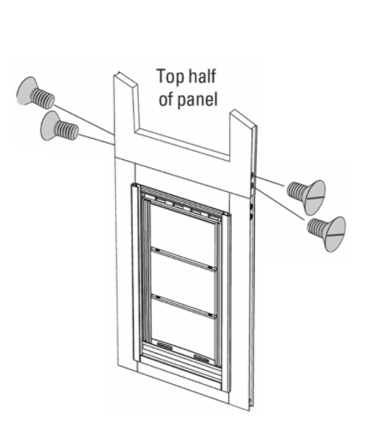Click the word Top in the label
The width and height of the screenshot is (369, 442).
(168, 77)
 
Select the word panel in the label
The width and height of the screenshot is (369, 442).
(197, 99)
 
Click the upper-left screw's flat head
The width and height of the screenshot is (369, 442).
(27, 91)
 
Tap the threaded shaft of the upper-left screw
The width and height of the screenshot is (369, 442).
(43, 98)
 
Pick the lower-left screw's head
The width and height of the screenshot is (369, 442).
(50, 126)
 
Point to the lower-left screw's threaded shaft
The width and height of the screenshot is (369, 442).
(66, 131)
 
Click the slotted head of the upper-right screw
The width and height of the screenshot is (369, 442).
(316, 197)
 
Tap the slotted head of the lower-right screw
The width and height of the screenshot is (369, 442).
(336, 234)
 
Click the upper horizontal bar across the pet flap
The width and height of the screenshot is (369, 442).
(184, 260)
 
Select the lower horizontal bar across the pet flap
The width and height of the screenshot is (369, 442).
(184, 307)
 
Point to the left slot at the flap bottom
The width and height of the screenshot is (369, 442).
(165, 346)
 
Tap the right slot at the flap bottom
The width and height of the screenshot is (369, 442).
(202, 358)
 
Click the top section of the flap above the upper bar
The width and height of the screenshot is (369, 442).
(183, 231)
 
